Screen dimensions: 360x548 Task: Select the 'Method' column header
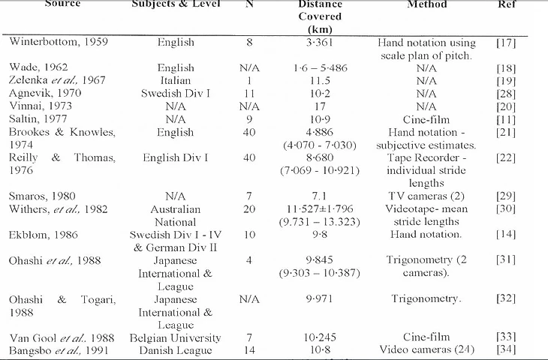[426, 4]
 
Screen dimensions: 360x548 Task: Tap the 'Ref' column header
[506, 4]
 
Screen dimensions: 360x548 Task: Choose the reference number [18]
[506, 67]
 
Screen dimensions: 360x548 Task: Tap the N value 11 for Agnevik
[249, 93]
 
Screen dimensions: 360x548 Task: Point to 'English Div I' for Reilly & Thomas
[176, 157]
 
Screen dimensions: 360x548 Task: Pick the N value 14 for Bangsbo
[249, 350]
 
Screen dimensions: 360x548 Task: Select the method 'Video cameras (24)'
[426, 350]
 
